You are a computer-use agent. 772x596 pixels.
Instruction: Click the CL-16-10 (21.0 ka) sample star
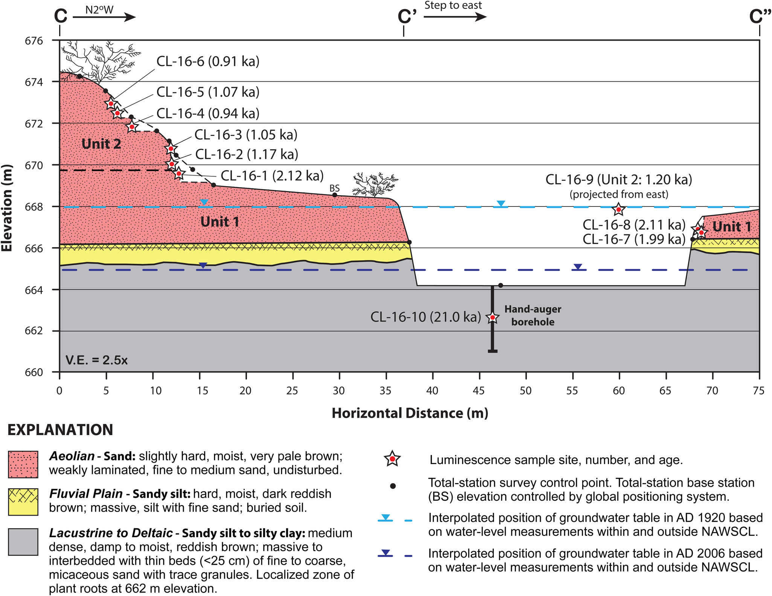click(492, 318)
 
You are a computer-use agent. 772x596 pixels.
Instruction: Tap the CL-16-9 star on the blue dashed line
click(618, 209)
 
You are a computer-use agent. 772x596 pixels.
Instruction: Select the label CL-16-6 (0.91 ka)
click(208, 61)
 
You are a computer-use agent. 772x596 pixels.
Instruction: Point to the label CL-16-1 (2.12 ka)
click(272, 176)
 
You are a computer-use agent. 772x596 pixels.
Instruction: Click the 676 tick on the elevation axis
click(34, 41)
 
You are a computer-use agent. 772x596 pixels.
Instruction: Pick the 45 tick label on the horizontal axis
click(479, 391)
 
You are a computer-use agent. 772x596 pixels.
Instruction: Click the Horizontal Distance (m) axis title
click(410, 413)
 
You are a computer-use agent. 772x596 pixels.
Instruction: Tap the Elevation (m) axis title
click(7, 208)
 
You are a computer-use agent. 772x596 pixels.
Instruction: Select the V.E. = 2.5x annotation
click(96, 360)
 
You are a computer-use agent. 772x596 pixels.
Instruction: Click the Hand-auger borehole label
click(532, 315)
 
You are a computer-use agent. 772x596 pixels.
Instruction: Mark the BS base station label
click(334, 188)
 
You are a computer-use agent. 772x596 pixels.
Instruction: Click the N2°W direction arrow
click(104, 17)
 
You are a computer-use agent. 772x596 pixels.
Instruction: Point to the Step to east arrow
click(455, 17)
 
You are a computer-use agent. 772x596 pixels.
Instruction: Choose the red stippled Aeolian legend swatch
click(23, 464)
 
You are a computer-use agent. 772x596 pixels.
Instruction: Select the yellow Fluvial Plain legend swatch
click(23, 502)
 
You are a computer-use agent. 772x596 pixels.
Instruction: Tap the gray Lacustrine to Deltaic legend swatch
click(23, 542)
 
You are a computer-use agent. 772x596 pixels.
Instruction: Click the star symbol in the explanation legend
click(392, 459)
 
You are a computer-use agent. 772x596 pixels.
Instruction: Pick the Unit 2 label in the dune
click(101, 144)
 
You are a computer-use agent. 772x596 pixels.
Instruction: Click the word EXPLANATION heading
click(60, 430)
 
